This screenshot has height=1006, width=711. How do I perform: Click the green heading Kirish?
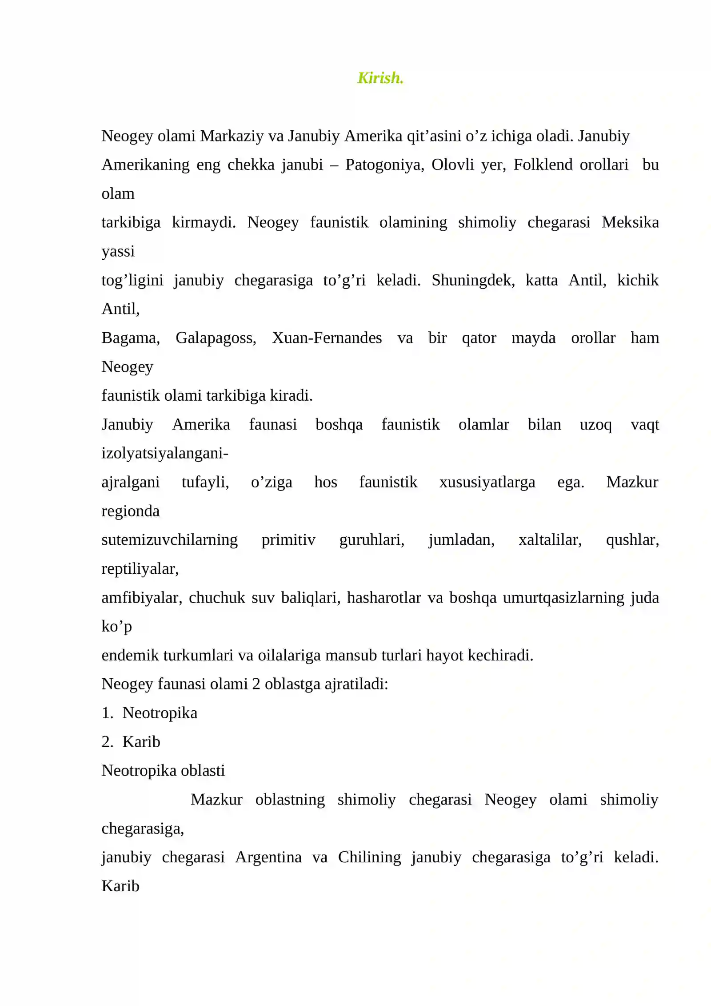click(380, 78)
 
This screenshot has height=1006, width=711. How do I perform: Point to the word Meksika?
click(630, 222)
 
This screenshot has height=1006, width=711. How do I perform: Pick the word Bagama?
click(131, 338)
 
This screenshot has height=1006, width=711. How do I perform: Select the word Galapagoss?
click(216, 338)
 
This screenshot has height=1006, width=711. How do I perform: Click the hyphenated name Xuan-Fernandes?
click(327, 338)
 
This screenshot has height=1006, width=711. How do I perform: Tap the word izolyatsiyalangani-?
click(165, 453)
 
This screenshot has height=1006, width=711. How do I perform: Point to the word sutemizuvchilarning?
click(169, 539)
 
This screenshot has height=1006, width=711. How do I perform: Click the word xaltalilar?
click(550, 539)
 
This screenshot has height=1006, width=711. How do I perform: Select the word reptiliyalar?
click(140, 568)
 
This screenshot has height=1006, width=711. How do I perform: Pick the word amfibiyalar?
click(142, 597)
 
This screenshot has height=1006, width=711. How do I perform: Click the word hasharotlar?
click(384, 597)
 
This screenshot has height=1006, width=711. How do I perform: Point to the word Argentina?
click(268, 857)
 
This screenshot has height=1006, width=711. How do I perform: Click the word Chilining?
click(369, 857)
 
